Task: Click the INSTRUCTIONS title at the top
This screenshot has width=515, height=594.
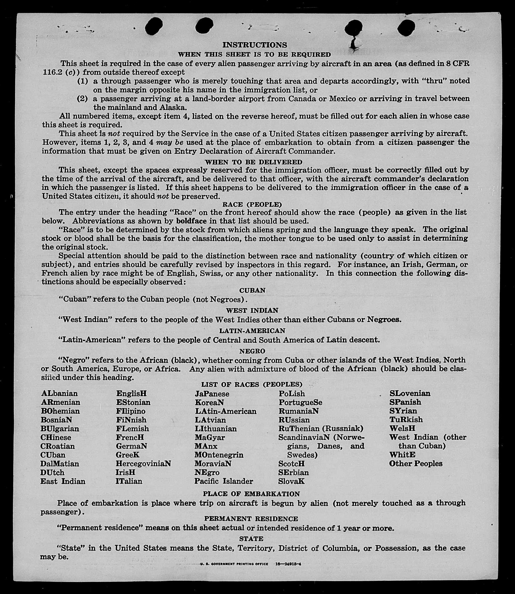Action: [255, 45]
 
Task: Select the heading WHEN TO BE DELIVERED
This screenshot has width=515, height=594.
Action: [253, 162]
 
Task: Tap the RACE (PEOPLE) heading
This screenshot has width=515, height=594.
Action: [252, 205]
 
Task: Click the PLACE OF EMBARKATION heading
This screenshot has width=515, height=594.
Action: [251, 494]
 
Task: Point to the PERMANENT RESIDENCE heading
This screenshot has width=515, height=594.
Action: [251, 519]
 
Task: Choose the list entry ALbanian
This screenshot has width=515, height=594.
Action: [59, 394]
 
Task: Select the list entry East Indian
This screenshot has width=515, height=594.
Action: [63, 481]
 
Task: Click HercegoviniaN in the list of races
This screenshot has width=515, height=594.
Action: [143, 464]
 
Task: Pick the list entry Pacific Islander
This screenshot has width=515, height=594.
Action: [224, 481]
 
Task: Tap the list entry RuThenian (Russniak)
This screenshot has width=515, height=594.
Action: [321, 429]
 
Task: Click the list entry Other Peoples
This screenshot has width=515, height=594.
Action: [416, 464]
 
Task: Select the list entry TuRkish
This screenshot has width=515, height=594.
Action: [406, 420]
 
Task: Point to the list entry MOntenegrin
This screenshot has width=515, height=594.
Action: [219, 455]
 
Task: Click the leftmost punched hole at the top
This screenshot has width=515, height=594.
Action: [154, 26]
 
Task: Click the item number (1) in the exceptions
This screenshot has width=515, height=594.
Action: [83, 81]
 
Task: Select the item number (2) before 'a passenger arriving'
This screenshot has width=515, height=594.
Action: [83, 99]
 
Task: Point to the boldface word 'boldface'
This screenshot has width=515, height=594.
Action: [191, 221]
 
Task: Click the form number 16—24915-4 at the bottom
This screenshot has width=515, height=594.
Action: [288, 564]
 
